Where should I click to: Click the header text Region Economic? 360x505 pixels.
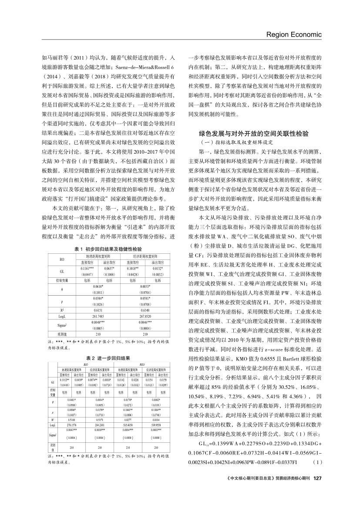(x=294, y=34)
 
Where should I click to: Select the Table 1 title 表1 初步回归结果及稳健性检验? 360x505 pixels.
(x=108, y=249)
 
